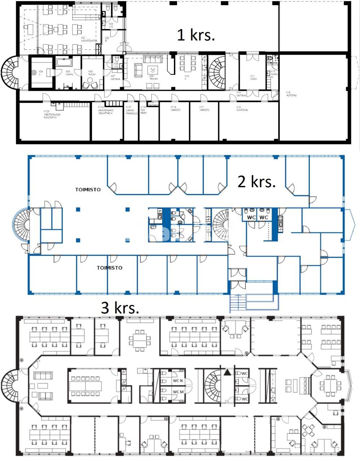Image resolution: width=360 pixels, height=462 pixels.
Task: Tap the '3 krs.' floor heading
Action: (120, 308)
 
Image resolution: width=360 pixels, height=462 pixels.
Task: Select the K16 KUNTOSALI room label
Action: (242, 109)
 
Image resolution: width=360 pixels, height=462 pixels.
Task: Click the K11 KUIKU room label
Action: (253, 77)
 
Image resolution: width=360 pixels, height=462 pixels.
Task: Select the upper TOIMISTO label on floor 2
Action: (88, 189)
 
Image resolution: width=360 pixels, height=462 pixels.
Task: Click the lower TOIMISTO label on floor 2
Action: (110, 268)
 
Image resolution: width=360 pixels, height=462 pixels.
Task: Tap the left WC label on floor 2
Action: (251, 217)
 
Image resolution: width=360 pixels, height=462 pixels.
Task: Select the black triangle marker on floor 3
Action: (227, 372)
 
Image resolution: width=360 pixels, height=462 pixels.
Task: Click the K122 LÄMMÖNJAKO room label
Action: (106, 110)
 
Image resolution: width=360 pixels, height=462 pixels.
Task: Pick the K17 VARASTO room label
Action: (204, 109)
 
